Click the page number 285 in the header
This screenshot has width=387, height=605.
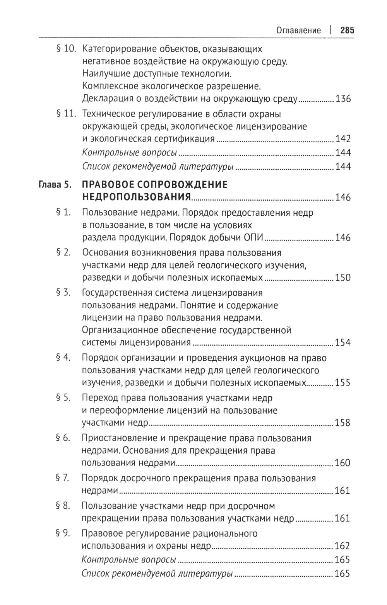pos(347,30)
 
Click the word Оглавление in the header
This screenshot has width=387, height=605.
pos(298,30)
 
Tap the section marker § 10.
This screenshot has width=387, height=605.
pos(65,49)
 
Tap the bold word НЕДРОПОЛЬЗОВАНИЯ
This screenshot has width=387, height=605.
pos(137,198)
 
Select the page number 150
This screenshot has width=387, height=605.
pos(342,278)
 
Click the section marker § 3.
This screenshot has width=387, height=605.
pos(63,293)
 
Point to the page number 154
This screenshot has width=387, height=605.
pos(342,343)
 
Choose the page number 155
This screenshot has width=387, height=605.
pos(342,383)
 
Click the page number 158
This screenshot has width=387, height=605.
pos(342,423)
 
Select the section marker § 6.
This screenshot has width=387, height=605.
pos(63,438)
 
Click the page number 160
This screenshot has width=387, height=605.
pos(342,463)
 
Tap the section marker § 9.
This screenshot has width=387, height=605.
pos(63,533)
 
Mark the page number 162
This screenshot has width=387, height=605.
pos(342,546)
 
